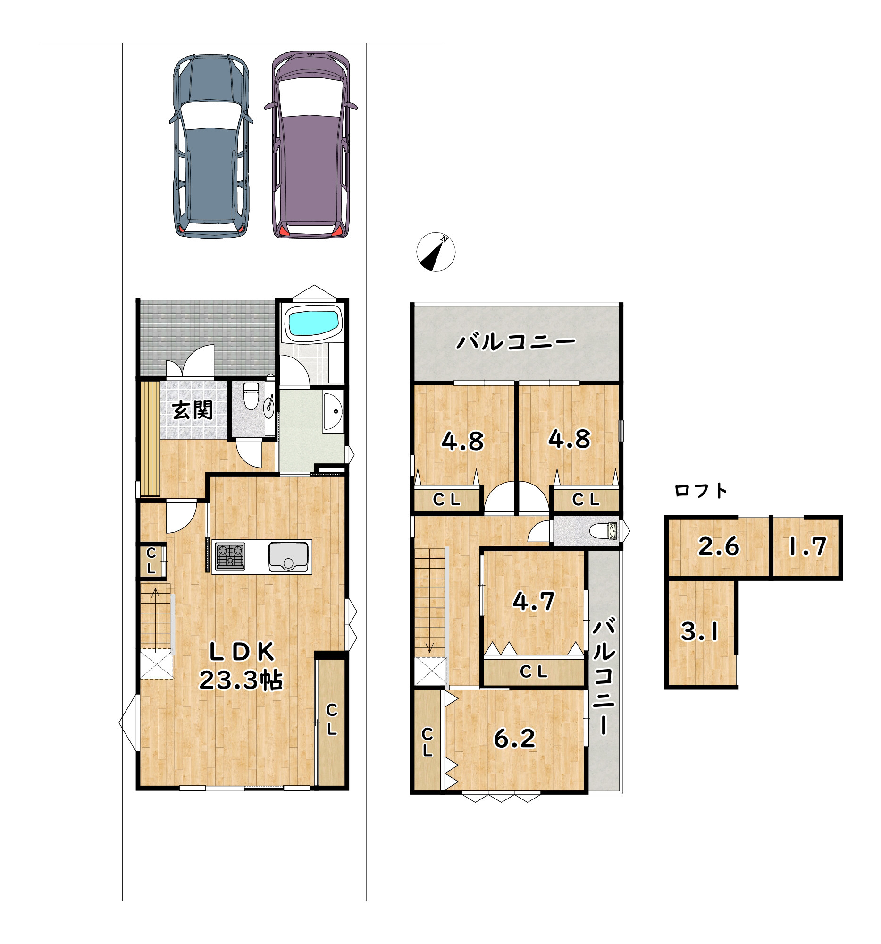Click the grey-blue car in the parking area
point(211,146)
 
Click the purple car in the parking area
point(311,145)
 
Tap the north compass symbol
point(436,252)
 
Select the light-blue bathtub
point(314,323)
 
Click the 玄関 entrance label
point(192,410)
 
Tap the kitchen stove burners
point(230,556)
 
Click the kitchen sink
point(288,556)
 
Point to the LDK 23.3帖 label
point(242,666)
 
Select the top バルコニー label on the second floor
point(516,341)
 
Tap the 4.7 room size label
point(534,602)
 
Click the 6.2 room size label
point(515,739)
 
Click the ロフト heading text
point(701,491)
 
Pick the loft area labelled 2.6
point(718,547)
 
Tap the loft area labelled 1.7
point(807,547)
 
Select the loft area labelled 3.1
point(701,633)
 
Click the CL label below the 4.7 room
point(534,672)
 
